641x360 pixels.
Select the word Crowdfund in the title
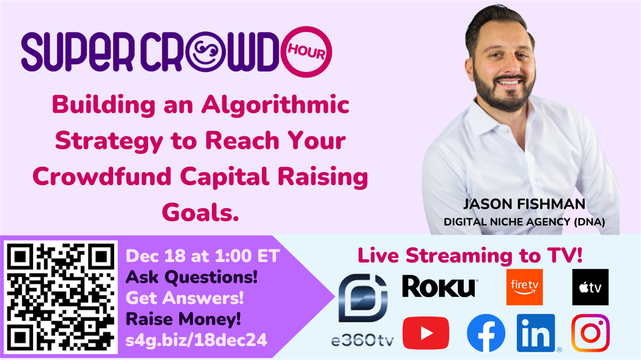102,176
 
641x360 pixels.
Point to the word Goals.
200,212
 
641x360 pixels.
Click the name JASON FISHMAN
524,204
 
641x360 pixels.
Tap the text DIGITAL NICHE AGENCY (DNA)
524,222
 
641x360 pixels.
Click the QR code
60,297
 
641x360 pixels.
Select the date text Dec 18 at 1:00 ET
203,256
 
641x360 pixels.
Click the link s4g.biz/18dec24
196,340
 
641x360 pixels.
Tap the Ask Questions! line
191,277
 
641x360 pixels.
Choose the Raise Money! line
183,319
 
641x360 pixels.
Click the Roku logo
439,286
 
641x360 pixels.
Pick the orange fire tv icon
524,287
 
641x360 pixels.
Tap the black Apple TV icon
590,287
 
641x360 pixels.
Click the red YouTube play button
426,333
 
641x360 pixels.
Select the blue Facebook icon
486,333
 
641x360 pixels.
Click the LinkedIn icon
536,333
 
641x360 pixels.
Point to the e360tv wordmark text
362,340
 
